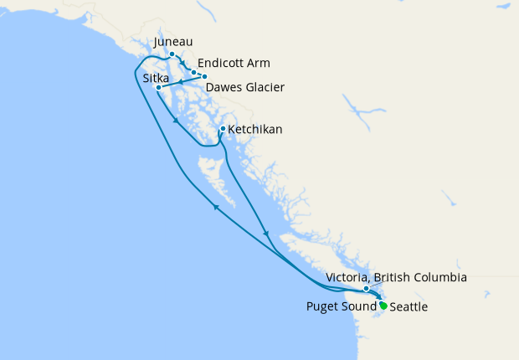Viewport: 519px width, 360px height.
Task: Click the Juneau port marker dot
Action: coord(172,54)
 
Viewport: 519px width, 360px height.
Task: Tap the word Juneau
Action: coord(175,41)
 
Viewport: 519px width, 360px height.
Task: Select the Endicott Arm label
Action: coord(234,64)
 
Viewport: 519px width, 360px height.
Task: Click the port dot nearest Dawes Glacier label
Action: coord(204,76)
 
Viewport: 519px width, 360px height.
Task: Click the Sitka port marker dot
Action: coord(157,87)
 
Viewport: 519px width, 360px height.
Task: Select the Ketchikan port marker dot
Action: coord(222,129)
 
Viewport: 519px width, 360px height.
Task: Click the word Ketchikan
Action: coord(254,130)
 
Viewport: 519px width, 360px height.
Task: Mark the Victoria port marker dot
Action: coord(366,289)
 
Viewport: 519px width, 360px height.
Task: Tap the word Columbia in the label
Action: coord(439,277)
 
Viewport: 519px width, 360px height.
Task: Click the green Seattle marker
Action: coord(383,306)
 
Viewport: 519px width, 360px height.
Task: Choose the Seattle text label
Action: coord(409,307)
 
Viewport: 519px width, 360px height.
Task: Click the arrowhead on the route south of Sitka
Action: coord(175,121)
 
